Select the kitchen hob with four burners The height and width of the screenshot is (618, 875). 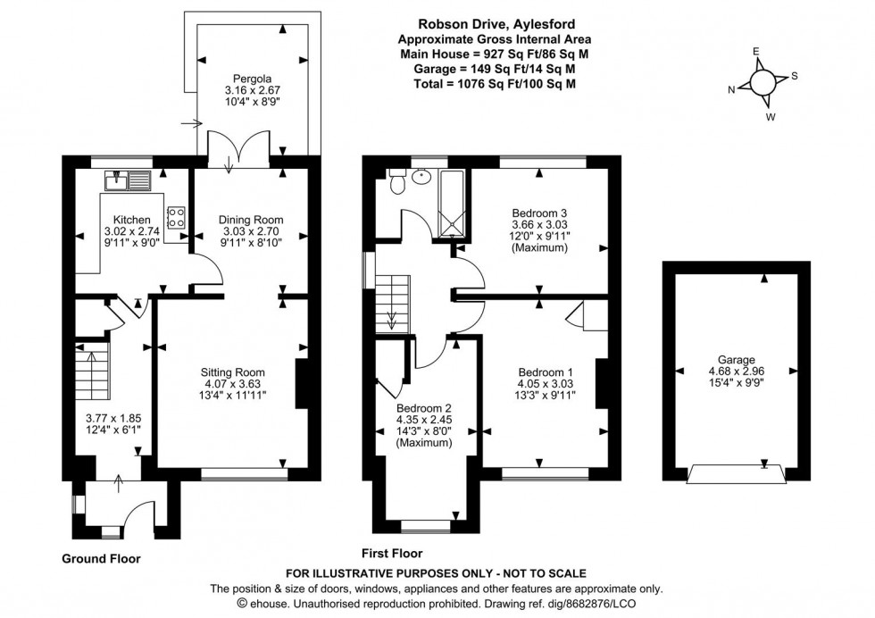[x=177, y=216]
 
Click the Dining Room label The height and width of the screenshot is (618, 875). [x=251, y=219]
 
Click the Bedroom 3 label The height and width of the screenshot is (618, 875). [x=539, y=213]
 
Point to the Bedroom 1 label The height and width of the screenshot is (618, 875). [x=545, y=372]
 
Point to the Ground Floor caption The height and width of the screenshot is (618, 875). [x=100, y=558]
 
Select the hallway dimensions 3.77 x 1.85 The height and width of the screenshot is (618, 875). [x=108, y=422]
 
